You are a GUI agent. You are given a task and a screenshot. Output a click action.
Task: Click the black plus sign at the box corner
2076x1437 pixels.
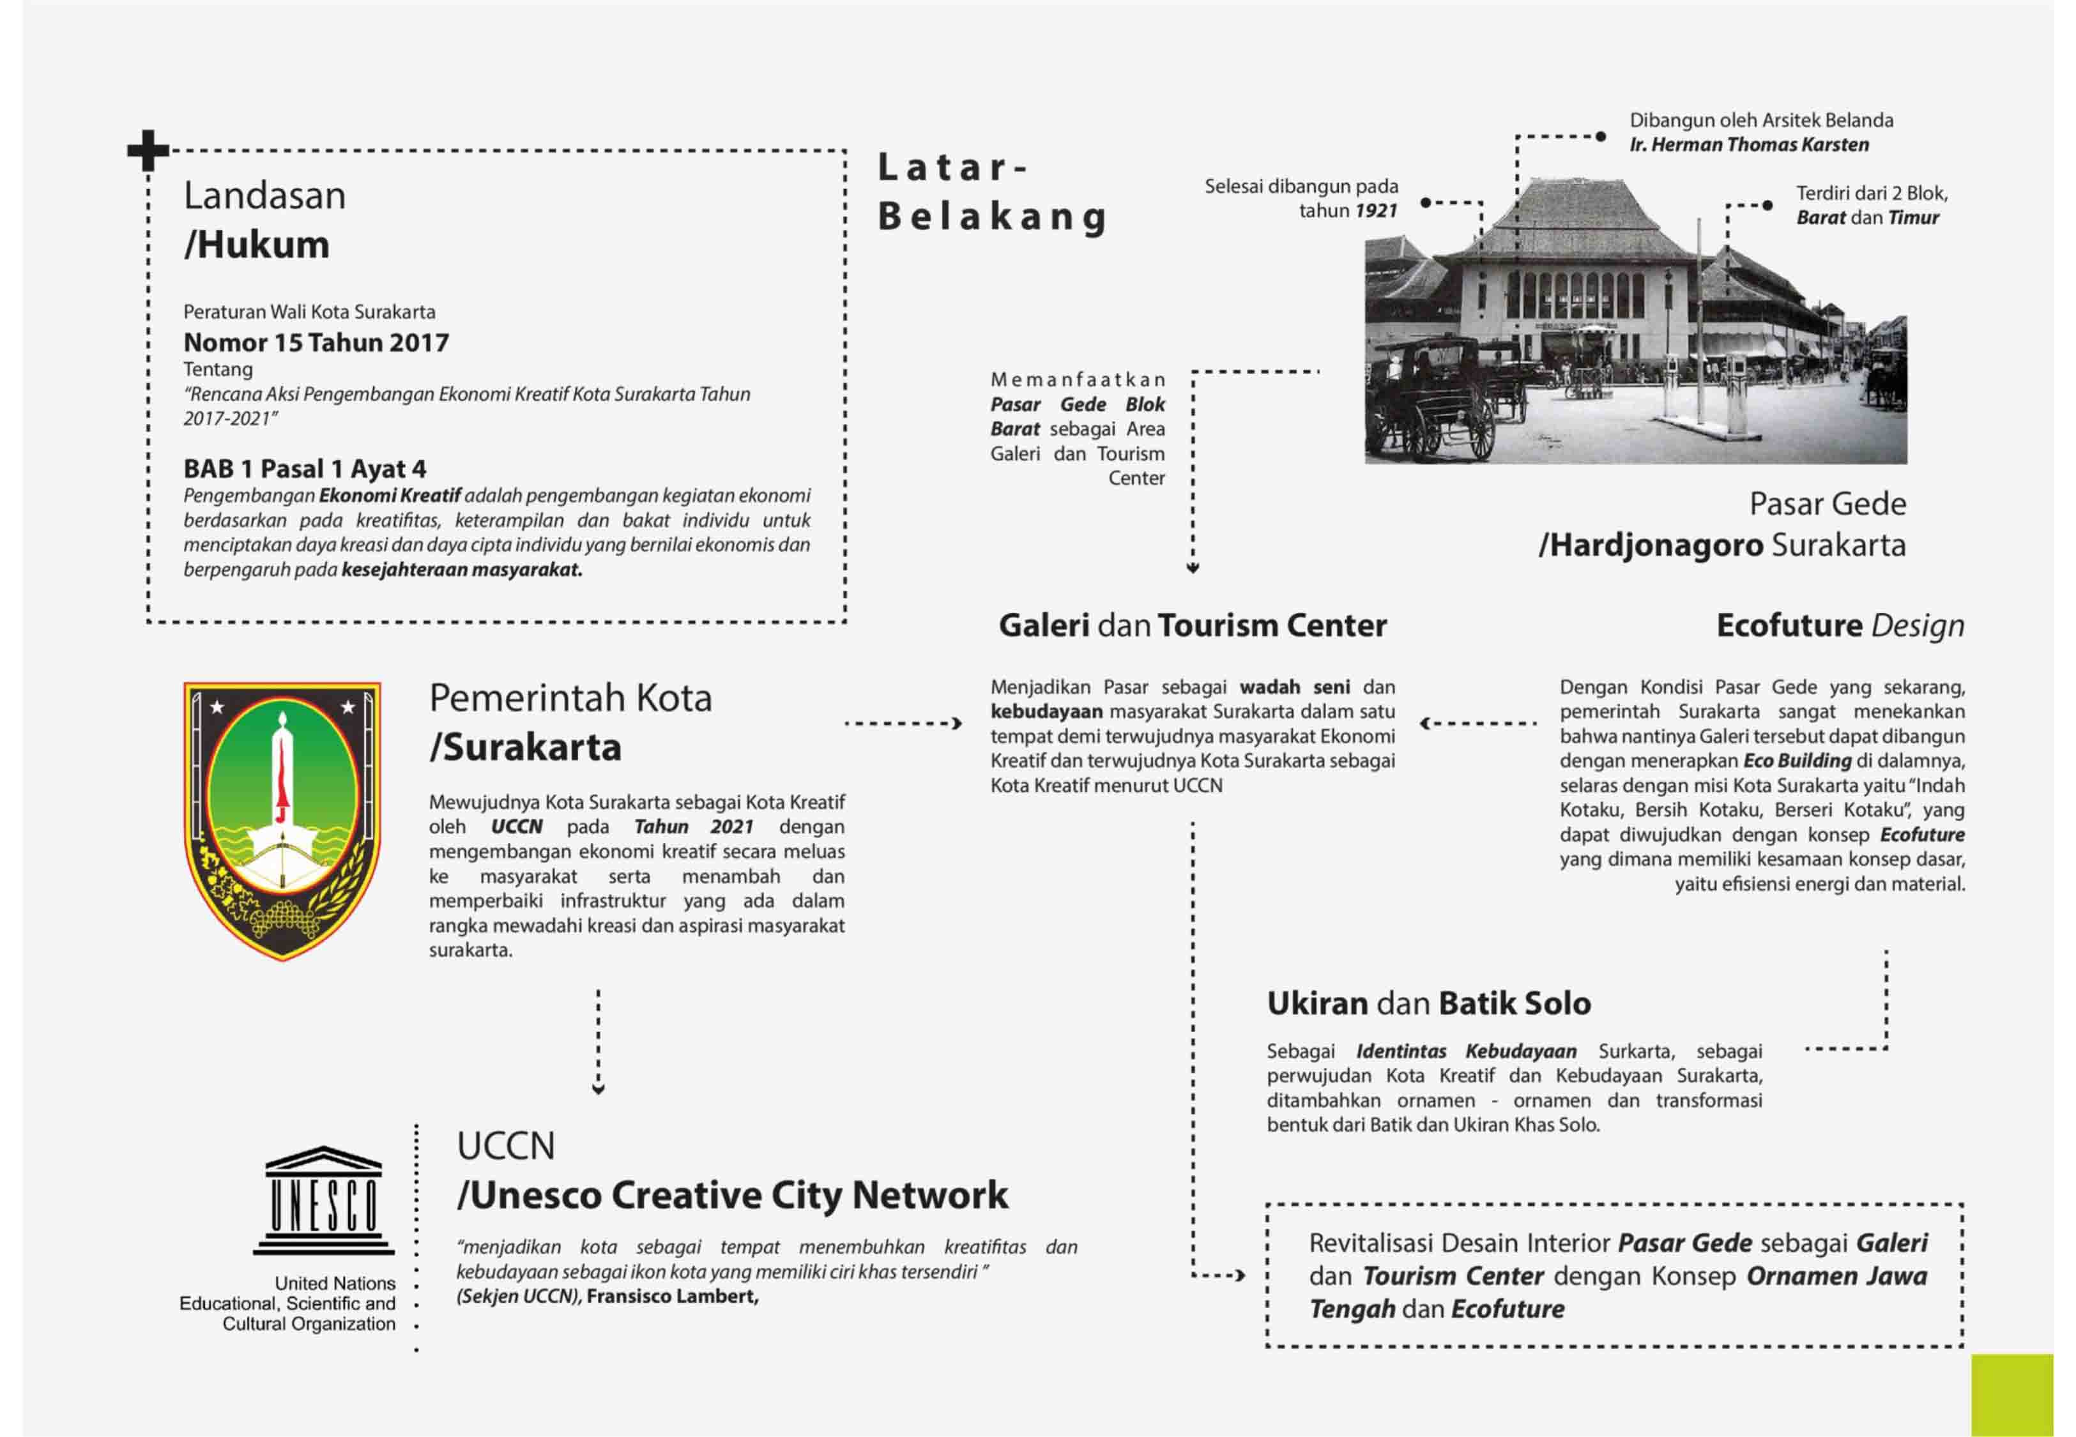coord(148,150)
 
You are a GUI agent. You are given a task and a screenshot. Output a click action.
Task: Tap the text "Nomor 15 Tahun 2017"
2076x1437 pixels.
coord(316,343)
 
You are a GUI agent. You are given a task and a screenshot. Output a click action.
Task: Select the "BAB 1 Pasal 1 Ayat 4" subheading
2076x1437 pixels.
coord(304,469)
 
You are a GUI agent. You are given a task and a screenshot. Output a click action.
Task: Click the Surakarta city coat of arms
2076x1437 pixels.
coord(282,820)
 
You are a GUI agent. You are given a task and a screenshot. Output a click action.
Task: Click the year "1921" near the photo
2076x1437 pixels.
coord(1376,211)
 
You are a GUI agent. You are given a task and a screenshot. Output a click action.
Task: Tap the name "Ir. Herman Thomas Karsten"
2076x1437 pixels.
coord(1748,145)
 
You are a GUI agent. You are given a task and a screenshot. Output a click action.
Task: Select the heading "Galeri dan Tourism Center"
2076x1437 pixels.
coord(1192,626)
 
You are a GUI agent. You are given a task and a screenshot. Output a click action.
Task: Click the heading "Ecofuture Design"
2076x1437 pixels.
coord(1839,626)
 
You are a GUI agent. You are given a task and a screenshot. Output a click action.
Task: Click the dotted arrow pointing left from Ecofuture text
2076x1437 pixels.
coord(1476,723)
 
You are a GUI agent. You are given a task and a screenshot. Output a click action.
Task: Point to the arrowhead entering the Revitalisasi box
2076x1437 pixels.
coord(1240,1275)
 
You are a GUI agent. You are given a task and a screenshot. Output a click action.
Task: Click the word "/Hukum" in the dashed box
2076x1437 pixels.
coord(257,245)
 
